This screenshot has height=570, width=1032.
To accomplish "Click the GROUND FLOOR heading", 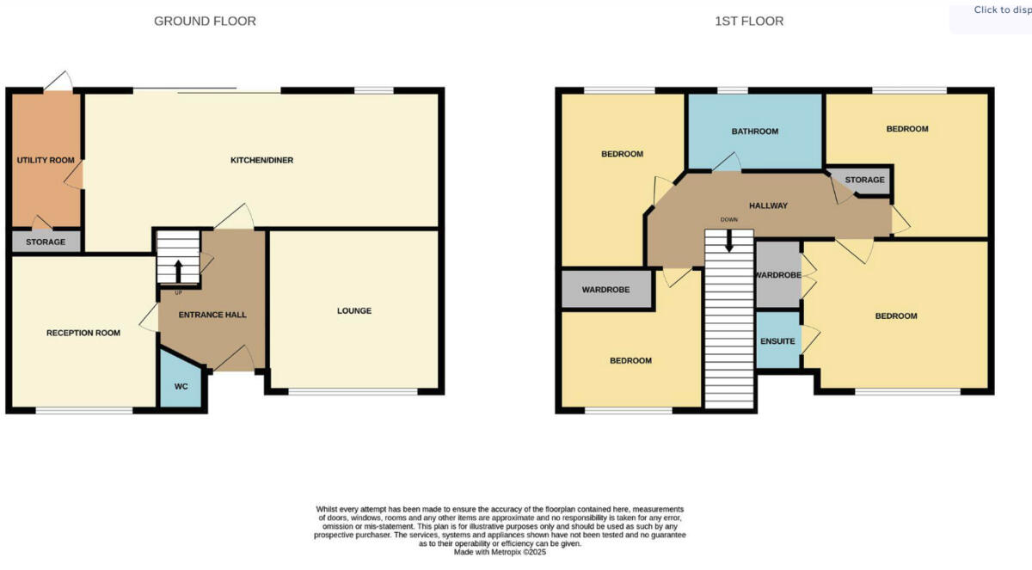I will coord(205,21).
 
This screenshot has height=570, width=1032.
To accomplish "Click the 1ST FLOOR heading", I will coord(749,21).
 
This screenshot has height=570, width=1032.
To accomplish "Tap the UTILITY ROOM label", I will coord(46,160).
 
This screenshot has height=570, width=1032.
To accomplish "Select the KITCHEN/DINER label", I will coord(262,160).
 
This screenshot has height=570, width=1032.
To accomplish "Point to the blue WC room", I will coord(181,386).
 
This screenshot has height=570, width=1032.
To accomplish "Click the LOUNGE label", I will coord(354,310).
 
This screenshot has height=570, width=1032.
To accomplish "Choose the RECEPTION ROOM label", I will coord(83,333).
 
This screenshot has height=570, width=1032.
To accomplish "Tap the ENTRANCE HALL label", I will coord(212,315).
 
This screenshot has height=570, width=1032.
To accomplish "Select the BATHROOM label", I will coord(754,132).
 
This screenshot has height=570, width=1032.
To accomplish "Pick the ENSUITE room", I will coord(777,341).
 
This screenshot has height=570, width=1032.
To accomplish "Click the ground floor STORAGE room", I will coord(46,242).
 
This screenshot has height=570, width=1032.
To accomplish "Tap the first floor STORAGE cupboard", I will coord(863,180).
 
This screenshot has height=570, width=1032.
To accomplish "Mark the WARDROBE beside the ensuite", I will coord(777,275).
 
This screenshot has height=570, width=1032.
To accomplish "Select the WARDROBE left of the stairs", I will coord(605,290).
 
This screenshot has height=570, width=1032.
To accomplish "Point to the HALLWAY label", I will coord(768,205).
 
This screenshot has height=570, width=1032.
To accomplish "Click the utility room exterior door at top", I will coord(58,83).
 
